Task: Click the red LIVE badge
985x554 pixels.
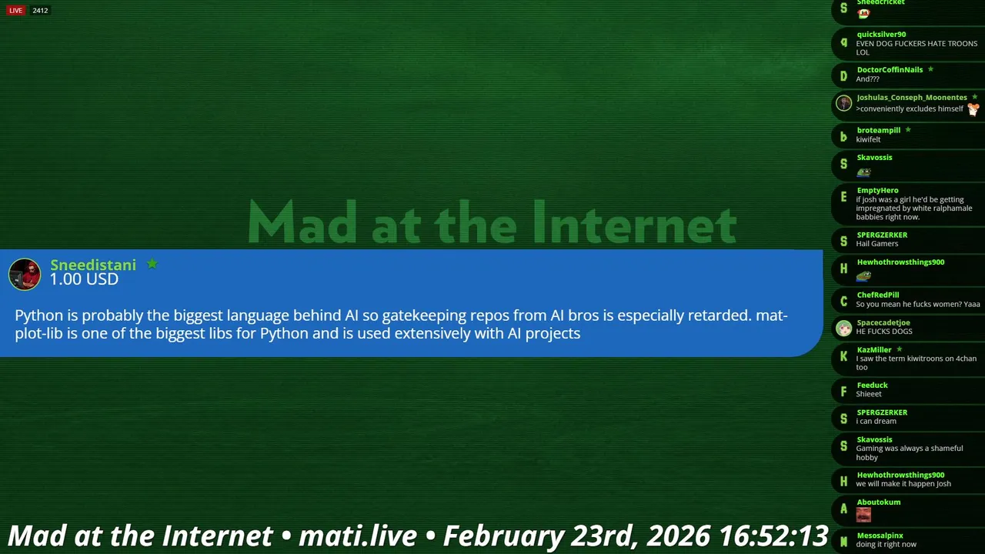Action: click(15, 11)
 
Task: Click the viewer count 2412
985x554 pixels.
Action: click(40, 11)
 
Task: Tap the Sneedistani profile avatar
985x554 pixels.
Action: click(25, 274)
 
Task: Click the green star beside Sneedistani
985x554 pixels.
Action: click(152, 263)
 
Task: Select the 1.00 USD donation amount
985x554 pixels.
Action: click(84, 279)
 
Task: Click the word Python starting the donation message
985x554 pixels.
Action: click(39, 316)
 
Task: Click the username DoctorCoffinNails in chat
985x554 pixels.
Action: click(890, 69)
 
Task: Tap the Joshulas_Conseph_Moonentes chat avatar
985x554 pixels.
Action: click(843, 103)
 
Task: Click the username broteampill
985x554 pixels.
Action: click(879, 130)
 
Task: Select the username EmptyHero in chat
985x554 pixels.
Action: click(877, 190)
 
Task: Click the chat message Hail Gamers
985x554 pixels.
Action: click(876, 244)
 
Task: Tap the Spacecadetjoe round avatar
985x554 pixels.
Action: click(843, 328)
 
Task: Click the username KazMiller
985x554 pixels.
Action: click(873, 350)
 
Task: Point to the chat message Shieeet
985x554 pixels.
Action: click(869, 394)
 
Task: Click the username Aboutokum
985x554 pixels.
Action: click(879, 502)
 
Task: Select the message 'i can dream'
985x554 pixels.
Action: click(876, 421)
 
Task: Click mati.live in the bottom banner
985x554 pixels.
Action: click(358, 536)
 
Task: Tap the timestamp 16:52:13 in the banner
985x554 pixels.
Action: click(773, 536)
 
